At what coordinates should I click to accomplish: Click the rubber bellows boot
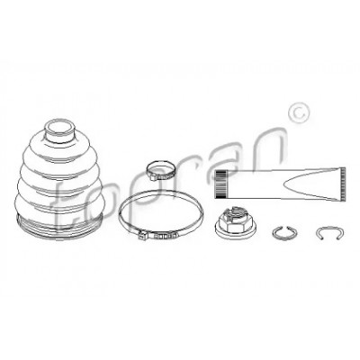point(59,180)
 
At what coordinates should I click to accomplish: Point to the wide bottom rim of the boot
point(59,228)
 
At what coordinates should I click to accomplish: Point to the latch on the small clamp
point(153,177)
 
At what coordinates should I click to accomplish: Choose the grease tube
point(280,184)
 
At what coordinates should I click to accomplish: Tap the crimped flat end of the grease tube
point(343,183)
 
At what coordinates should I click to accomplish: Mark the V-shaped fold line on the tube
point(312,184)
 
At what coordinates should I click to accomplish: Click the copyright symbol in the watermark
point(298,113)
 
